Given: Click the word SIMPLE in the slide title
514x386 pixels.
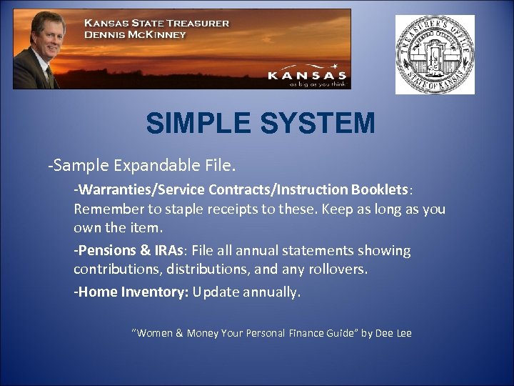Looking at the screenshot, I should pyautogui.click(x=198, y=124).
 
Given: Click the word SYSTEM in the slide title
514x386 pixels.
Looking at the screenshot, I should pyautogui.click(x=317, y=124).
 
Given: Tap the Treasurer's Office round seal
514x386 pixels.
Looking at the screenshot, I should pyautogui.click(x=435, y=54).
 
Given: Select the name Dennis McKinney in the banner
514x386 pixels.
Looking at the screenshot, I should pyautogui.click(x=135, y=34).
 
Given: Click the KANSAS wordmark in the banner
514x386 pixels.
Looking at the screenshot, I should pyautogui.click(x=307, y=74).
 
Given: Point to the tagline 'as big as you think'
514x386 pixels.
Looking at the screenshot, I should pyautogui.click(x=317, y=84).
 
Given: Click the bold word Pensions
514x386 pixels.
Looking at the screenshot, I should pyautogui.click(x=108, y=251).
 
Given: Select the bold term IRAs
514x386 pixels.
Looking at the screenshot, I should pyautogui.click(x=167, y=251).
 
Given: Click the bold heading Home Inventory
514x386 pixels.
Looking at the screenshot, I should pyautogui.click(x=133, y=292).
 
